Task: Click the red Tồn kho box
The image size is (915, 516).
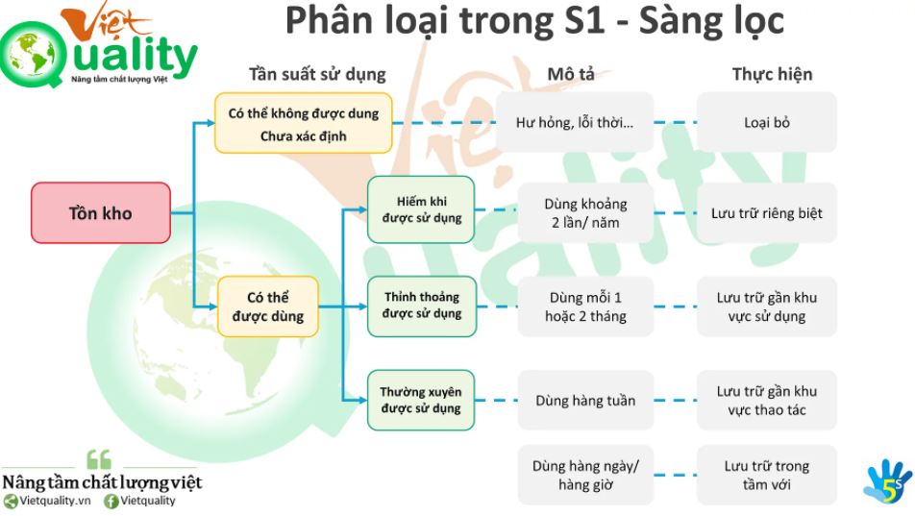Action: [x=101, y=212]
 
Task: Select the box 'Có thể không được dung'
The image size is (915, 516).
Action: [x=304, y=123]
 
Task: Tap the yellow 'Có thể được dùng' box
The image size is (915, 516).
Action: [x=268, y=307]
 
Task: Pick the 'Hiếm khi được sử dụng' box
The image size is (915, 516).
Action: [x=421, y=209]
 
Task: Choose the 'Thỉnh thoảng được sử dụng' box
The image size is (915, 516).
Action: [x=422, y=306]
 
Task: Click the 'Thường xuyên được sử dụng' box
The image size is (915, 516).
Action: [x=421, y=400]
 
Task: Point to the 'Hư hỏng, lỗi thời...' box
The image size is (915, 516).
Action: [x=575, y=122]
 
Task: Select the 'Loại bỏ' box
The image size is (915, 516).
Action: [x=767, y=122]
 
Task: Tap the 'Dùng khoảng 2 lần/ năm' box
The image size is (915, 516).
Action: [x=585, y=212]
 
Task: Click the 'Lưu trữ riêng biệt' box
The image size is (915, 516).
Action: [x=767, y=212]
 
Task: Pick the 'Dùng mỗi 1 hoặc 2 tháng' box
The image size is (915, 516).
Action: [x=585, y=307]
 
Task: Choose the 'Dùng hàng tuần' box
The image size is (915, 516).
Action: [x=585, y=400]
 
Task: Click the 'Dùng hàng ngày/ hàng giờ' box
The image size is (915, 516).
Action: [x=585, y=475]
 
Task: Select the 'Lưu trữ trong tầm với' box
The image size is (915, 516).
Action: [x=767, y=475]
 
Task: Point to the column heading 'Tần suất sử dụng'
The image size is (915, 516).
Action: [x=317, y=75]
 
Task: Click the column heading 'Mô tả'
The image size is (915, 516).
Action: [x=571, y=74]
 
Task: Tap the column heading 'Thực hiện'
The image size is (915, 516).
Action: [x=772, y=74]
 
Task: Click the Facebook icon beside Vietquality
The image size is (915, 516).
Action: [x=111, y=501]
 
